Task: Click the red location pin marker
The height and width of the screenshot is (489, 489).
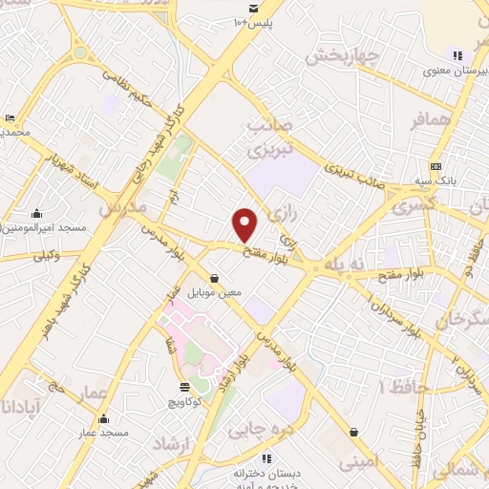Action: point(245,224)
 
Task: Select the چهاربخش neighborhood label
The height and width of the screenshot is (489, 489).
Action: point(342,54)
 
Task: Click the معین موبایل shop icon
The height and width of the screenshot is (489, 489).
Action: point(212,278)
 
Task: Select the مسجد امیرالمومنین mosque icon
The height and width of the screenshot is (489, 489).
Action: point(36,213)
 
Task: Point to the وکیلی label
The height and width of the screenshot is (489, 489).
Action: point(46,255)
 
